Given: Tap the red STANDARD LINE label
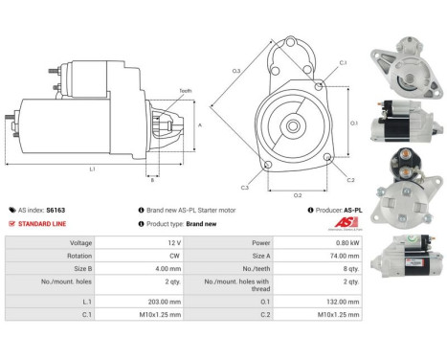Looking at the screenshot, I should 43,223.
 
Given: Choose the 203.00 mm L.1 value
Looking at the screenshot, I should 149,299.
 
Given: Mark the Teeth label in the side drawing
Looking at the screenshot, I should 185,90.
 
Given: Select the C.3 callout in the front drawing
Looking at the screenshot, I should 245,188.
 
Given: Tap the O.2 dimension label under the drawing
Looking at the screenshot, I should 298,195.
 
